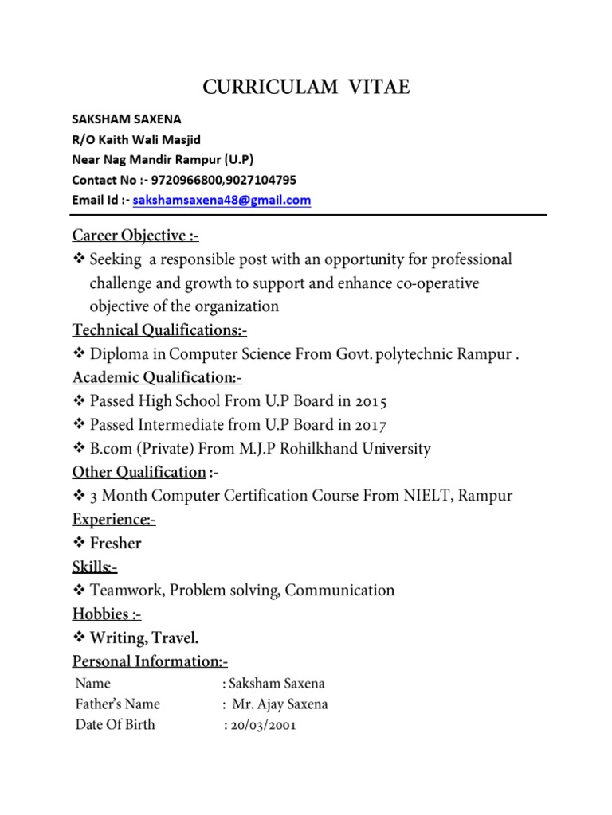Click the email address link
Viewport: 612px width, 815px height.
[222, 201]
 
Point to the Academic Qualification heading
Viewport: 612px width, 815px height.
[157, 378]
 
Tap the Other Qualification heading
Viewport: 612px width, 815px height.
[139, 472]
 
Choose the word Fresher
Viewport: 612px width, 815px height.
[116, 544]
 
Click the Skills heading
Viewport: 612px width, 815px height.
[95, 567]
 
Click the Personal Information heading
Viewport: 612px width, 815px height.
[150, 661]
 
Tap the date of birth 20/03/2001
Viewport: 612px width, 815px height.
[262, 725]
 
